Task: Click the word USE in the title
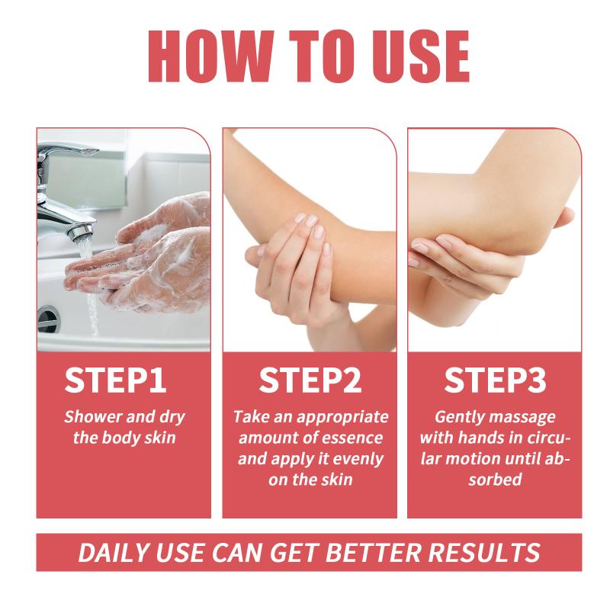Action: click(421, 56)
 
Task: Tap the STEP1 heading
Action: click(115, 379)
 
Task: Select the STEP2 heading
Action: click(310, 379)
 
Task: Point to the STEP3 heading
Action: click(495, 379)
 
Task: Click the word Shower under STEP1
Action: click(93, 416)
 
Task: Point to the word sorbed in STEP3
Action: click(495, 480)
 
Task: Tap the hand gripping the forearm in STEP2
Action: click(292, 268)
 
